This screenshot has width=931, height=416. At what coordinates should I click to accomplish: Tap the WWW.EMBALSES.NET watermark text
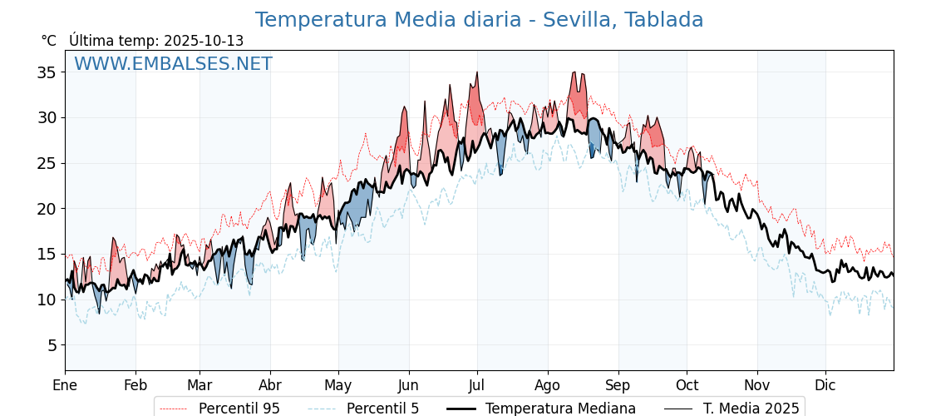point(173,64)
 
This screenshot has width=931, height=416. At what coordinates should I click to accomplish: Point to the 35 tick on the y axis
point(47,72)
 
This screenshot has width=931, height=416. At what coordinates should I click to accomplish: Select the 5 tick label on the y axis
point(51,345)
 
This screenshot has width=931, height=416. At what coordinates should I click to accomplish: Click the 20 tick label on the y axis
point(47,209)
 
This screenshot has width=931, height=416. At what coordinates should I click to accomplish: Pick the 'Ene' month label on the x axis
point(65,385)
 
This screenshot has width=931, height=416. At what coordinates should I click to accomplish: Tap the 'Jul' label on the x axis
point(477,385)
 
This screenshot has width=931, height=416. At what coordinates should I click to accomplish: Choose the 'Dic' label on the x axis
point(825,385)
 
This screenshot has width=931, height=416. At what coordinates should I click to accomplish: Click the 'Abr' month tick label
point(270,385)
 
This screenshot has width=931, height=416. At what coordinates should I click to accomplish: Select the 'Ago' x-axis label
point(548,385)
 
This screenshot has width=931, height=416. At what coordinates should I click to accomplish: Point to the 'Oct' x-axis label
point(687,385)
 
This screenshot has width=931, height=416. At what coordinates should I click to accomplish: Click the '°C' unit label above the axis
point(48,41)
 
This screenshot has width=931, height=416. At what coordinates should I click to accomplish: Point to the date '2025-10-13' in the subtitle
point(204,41)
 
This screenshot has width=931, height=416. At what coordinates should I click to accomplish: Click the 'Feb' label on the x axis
point(135,385)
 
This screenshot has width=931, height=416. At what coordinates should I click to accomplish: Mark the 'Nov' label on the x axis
point(757,385)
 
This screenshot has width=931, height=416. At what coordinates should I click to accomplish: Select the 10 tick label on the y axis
point(47,300)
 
